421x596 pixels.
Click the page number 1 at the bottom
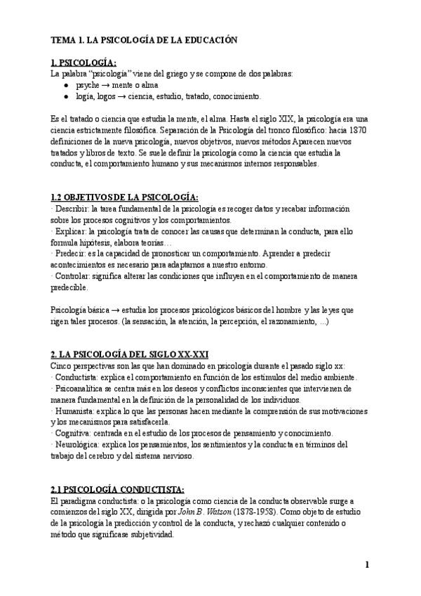(x=367, y=564)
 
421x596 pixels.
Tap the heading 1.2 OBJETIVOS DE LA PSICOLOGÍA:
(x=124, y=196)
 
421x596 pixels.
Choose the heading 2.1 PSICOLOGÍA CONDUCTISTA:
(x=118, y=488)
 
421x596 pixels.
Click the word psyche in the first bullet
(x=88, y=84)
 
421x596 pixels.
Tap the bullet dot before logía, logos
(x=65, y=96)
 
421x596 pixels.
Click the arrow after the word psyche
(x=108, y=84)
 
